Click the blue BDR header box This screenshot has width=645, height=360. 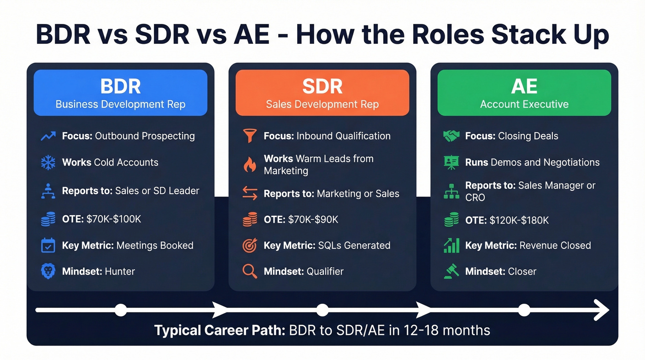tap(120, 93)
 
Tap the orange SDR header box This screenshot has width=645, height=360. tap(322, 93)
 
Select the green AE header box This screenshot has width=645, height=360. tap(524, 93)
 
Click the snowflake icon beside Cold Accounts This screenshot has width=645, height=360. tap(48, 163)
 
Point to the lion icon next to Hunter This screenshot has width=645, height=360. tap(48, 271)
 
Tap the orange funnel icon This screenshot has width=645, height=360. tap(250, 136)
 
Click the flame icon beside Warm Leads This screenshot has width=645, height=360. tap(250, 165)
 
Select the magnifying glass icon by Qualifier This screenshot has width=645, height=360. tap(250, 271)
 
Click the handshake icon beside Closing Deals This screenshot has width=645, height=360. tap(451, 136)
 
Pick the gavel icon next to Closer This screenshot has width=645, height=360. tap(451, 271)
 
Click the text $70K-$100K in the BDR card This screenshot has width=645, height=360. tap(114, 219)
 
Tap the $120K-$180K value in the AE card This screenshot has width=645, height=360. tap(519, 220)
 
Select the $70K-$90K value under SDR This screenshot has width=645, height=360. tap(313, 219)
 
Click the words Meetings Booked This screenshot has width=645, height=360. tap(155, 246)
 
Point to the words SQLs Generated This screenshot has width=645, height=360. tap(354, 246)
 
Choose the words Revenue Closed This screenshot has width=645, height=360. tap(555, 246)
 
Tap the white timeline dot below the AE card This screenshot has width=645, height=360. tap(524, 310)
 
